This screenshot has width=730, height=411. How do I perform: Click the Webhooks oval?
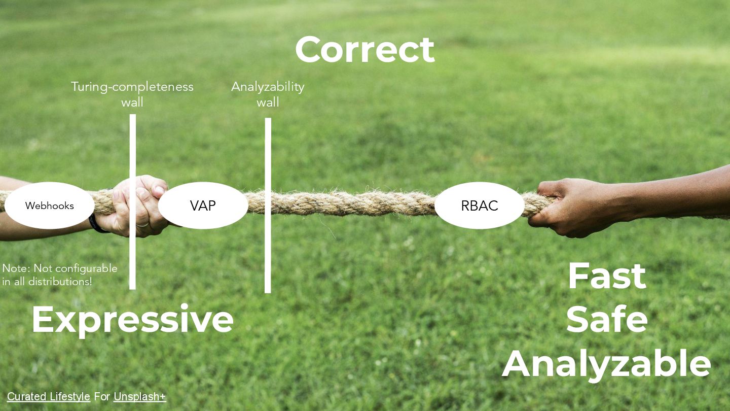click(50, 205)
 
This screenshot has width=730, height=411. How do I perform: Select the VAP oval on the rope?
click(203, 205)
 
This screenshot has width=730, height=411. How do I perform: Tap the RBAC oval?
click(479, 205)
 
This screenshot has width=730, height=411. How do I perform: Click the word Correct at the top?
click(364, 50)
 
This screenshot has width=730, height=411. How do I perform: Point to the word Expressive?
click(132, 319)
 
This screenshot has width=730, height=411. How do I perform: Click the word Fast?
click(606, 277)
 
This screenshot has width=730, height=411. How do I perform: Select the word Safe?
click(606, 320)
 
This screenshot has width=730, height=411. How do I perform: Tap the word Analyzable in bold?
click(606, 363)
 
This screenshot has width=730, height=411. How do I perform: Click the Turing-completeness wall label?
click(132, 94)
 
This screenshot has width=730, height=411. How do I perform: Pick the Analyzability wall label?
click(268, 94)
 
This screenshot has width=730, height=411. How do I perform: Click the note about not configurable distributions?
click(59, 275)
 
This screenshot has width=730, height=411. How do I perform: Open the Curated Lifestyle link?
click(49, 397)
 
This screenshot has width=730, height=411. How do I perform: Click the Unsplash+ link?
click(139, 397)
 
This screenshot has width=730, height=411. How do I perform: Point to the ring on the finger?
click(143, 224)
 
